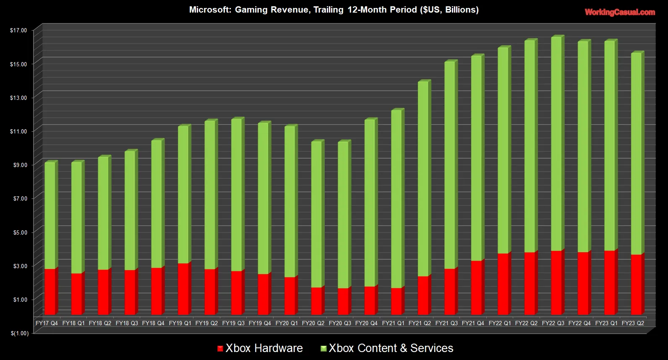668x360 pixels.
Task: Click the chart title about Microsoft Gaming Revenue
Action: pos(334,10)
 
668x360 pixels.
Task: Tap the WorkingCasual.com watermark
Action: pos(620,12)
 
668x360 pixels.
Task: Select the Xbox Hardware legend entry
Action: pos(260,348)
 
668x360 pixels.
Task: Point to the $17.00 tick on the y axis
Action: pos(18,30)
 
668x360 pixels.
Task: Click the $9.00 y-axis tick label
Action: pos(18,165)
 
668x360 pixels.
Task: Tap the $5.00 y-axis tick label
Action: pos(18,232)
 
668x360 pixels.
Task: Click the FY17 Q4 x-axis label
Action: pos(47,323)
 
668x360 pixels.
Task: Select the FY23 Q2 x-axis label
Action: pos(633,323)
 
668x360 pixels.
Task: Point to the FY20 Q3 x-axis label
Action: pos(340,323)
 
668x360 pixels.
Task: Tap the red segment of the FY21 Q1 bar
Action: pos(397,301)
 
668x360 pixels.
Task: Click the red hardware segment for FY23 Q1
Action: pos(610,282)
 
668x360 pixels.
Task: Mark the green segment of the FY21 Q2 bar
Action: pos(423,178)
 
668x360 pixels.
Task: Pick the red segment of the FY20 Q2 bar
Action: pos(316,301)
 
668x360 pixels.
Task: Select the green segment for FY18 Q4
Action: pos(157,203)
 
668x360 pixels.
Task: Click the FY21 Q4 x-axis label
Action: pos(473,323)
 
